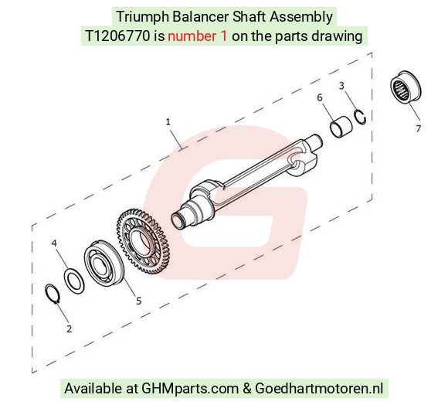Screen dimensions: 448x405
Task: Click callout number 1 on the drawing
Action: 168,122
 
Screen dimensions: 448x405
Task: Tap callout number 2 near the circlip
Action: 69,329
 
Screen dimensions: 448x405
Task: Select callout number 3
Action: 341,86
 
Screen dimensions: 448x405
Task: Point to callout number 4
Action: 54,243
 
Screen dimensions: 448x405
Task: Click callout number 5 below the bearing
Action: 138,301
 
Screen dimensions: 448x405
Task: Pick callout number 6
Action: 320,97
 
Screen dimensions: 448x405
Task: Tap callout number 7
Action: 419,128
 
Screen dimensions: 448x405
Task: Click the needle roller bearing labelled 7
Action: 406,87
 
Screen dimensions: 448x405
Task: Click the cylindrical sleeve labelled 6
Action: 341,127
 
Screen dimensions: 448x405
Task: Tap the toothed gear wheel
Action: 144,241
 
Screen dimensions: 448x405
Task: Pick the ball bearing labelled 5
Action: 104,263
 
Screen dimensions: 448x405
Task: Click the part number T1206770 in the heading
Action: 117,36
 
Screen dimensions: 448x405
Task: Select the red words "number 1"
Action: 198,36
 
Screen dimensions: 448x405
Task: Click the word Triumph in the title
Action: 143,17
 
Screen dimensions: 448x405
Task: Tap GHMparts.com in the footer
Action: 190,389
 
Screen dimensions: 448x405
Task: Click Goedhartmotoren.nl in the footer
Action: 319,389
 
